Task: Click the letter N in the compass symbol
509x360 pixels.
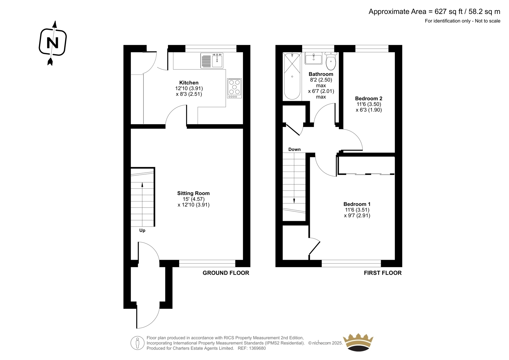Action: click(52, 43)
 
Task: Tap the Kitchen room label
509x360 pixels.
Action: click(189, 82)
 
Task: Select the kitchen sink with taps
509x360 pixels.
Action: click(212, 60)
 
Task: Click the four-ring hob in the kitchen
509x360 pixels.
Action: click(234, 88)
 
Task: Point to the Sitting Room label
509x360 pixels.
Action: click(193, 193)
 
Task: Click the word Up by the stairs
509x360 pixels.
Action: click(142, 230)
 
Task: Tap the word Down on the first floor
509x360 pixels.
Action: click(295, 149)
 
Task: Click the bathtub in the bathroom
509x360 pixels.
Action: click(292, 76)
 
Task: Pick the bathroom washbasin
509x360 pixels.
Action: click(314, 59)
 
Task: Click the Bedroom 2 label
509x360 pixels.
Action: click(369, 98)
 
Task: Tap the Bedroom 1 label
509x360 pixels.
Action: click(357, 204)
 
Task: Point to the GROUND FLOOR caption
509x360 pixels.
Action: click(226, 273)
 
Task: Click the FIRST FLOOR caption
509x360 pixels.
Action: click(383, 273)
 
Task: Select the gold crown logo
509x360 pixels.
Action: click(358, 342)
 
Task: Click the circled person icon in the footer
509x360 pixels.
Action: click(137, 343)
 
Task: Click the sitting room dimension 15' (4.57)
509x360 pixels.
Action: click(194, 199)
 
